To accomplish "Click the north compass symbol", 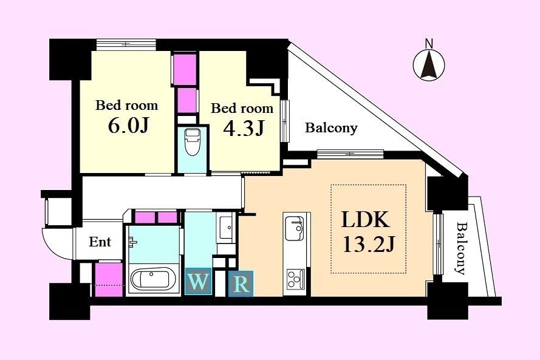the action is click(x=429, y=65).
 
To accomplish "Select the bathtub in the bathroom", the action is click(x=153, y=279).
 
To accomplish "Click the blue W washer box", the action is click(x=198, y=282).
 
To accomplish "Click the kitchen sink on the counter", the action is click(x=294, y=228).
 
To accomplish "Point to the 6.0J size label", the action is click(x=128, y=126).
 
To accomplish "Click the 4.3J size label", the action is click(x=244, y=128).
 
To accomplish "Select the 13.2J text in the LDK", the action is click(x=369, y=245).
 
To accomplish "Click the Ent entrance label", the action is click(x=100, y=242).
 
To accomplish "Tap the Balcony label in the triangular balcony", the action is click(x=331, y=128).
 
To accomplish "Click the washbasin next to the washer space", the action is click(x=226, y=226).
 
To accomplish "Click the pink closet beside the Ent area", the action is click(x=109, y=279).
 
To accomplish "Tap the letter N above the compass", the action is click(x=429, y=44).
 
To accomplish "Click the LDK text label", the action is click(x=366, y=219).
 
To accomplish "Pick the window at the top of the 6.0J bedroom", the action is click(x=126, y=45).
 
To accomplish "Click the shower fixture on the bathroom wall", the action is click(x=132, y=242).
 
